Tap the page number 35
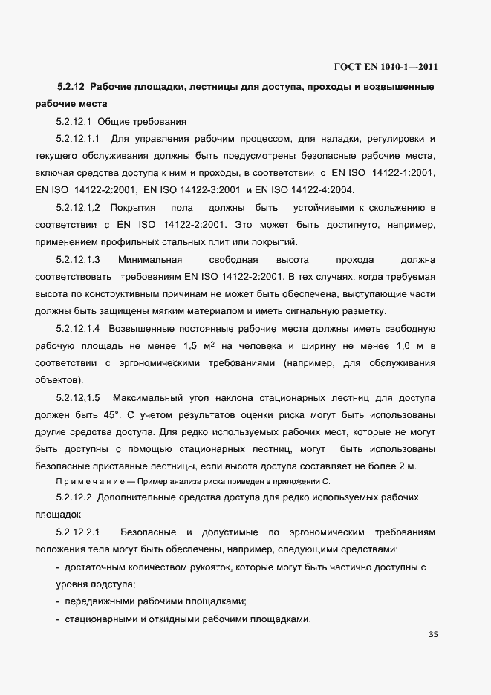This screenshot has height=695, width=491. [434, 635]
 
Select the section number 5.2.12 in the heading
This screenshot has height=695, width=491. [71, 88]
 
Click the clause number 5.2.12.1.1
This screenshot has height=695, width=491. [78, 139]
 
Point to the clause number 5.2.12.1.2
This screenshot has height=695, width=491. [78, 207]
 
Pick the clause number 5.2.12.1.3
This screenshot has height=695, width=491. [78, 260]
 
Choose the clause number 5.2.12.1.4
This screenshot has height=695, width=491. [78, 328]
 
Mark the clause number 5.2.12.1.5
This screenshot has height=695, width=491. [78, 397]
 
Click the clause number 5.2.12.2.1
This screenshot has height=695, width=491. [78, 533]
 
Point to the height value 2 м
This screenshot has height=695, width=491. [407, 466]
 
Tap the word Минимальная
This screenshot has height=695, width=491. [150, 260]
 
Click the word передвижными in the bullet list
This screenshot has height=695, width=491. [100, 601]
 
